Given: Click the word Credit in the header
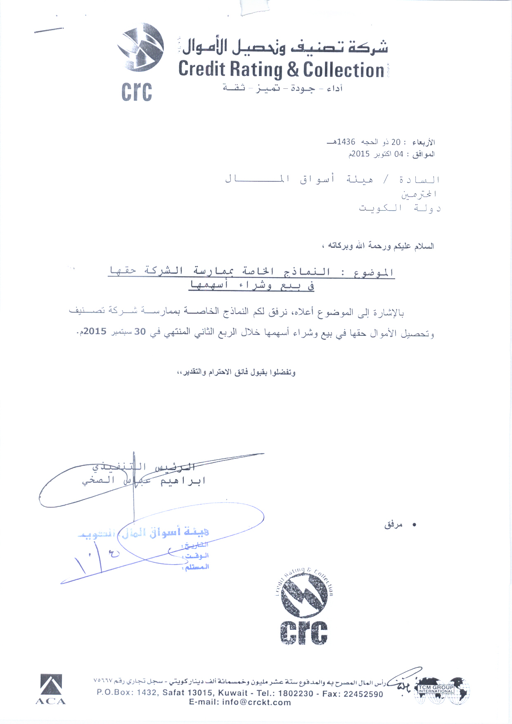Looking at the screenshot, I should (202, 69).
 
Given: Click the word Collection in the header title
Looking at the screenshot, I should (344, 70).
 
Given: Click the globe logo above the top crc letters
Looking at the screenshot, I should (140, 47).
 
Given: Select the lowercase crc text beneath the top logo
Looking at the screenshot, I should (137, 92).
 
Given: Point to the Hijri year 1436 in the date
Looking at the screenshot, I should (346, 142).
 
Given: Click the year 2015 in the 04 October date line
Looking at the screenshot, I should (359, 154).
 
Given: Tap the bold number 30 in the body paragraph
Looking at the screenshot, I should (140, 332).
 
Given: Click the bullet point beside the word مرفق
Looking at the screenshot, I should (415, 525).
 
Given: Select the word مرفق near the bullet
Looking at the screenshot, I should (393, 525).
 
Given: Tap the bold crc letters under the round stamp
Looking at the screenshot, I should (304, 632).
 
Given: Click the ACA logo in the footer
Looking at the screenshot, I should (51, 689).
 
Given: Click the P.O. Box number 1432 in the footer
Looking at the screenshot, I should (147, 693).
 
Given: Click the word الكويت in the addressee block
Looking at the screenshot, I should (380, 208).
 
